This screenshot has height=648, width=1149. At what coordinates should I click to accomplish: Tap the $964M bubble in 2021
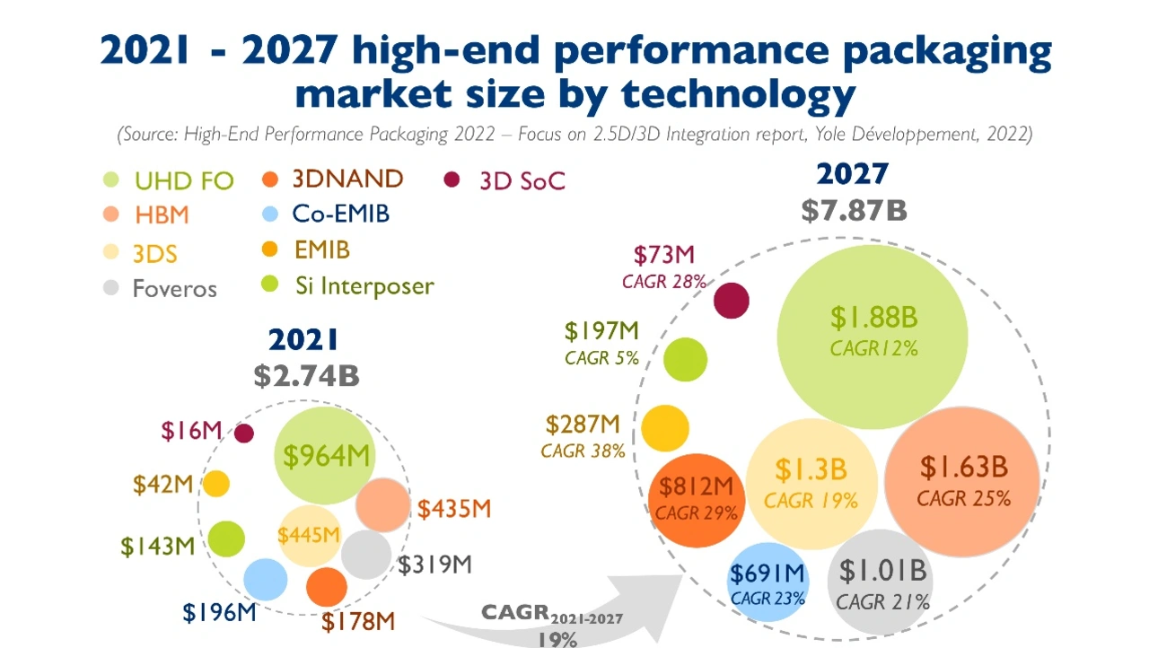325,456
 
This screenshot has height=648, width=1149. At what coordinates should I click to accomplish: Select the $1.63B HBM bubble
962,482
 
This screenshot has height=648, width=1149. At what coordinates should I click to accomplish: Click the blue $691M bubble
766,582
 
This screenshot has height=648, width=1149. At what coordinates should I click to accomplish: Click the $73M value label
664,255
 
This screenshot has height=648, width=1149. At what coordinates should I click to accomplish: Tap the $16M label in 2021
191,431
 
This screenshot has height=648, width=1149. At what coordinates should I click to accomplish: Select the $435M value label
454,509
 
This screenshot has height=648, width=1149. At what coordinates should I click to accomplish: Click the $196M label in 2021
220,613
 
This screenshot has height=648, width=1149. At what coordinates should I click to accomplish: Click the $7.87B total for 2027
854,210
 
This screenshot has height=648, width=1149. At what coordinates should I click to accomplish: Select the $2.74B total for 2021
306,375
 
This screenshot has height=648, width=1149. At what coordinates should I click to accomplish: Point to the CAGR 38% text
583,451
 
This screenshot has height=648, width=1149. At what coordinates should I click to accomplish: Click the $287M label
583,424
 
